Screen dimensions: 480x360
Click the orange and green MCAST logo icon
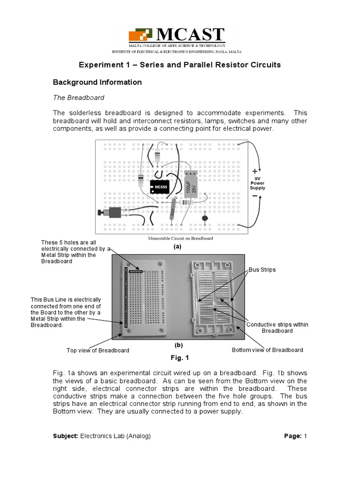(141, 36)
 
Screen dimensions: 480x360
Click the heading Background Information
(97, 82)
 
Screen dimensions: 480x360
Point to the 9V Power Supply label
(257, 183)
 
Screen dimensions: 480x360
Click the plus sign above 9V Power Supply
(255, 171)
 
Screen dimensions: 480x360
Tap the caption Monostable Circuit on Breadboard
(180, 238)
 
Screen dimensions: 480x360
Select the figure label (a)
(177, 246)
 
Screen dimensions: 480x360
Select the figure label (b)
(179, 345)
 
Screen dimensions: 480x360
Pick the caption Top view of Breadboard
(98, 351)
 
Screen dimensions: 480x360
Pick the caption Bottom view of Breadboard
(267, 350)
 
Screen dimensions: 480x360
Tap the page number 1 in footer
(305, 436)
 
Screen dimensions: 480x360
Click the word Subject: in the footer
(66, 436)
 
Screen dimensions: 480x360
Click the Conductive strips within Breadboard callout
(277, 328)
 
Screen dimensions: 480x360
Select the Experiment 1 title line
(179, 65)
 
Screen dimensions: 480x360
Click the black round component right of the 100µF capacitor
(205, 218)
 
